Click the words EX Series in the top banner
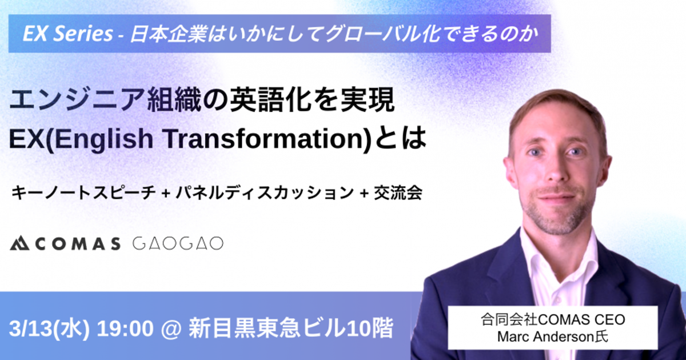[68, 34]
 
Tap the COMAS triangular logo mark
[19, 243]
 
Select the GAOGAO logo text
[178, 243]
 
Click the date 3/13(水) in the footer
[49, 329]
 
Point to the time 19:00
[125, 329]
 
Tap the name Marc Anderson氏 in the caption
[552, 337]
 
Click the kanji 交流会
[398, 193]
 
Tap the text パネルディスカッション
[265, 193]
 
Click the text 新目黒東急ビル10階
[290, 329]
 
